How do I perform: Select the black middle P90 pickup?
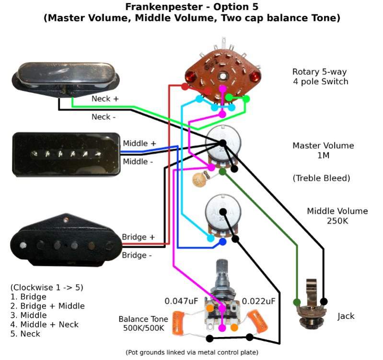(x=66, y=154)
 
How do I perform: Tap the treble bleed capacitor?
(x=197, y=179)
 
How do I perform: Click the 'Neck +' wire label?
(x=105, y=99)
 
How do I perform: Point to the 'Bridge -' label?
(x=137, y=255)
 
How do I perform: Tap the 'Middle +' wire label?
(x=139, y=143)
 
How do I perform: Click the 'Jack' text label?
(x=346, y=316)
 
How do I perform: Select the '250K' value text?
(x=337, y=221)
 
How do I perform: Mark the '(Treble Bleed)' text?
(x=321, y=178)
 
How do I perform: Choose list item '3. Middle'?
(x=28, y=315)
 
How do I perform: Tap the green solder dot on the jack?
(x=297, y=302)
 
